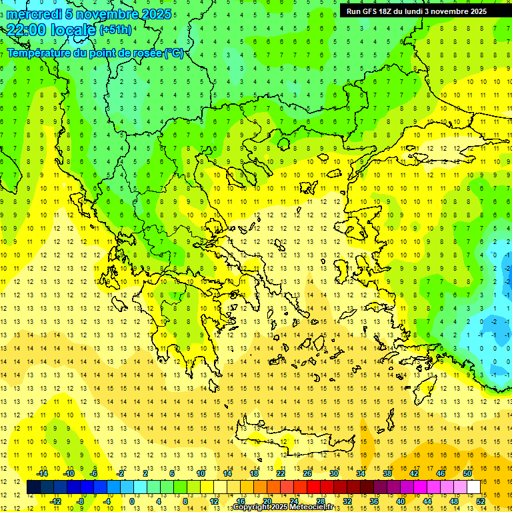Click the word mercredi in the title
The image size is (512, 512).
[34, 14]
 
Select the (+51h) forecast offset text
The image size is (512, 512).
[115, 30]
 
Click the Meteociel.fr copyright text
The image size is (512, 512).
[283, 507]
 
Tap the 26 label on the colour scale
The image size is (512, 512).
[307, 473]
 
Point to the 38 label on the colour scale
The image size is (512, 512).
[387, 473]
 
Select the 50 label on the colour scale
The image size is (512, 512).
[467, 473]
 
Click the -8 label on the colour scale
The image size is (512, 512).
[81, 501]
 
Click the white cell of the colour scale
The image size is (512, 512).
[474, 487]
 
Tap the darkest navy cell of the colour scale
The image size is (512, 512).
[34, 487]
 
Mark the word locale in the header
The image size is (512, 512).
[73, 30]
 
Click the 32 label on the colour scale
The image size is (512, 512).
[347, 501]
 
